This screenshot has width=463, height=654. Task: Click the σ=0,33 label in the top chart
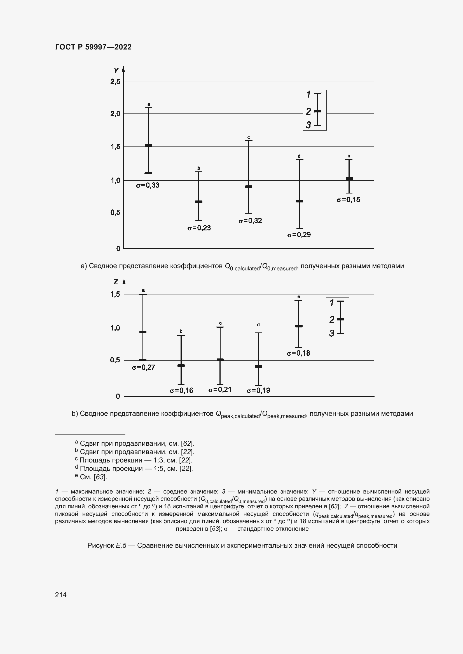(148, 185)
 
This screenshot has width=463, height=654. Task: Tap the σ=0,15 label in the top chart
(348, 200)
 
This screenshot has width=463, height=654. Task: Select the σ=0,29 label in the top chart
(299, 235)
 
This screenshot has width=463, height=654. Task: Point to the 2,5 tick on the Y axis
(115, 82)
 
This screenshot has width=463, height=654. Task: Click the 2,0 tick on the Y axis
(115, 114)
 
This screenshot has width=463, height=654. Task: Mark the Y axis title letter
(116, 70)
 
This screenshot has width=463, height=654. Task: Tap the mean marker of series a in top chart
(148, 146)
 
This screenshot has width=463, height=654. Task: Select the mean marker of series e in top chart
(349, 179)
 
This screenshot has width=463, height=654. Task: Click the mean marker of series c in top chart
(249, 186)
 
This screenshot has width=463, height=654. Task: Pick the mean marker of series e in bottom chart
(299, 326)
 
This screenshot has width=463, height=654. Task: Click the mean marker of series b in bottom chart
(181, 365)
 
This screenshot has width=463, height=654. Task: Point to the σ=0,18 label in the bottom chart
(298, 353)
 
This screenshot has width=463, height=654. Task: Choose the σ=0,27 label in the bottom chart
(143, 367)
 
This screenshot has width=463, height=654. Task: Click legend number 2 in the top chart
(308, 112)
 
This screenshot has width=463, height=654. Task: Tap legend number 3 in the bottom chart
(331, 333)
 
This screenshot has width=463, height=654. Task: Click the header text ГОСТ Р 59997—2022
(93, 47)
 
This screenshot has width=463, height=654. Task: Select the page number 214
(61, 595)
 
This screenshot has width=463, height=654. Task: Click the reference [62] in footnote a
(187, 443)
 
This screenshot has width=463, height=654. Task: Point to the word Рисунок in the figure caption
(100, 546)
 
